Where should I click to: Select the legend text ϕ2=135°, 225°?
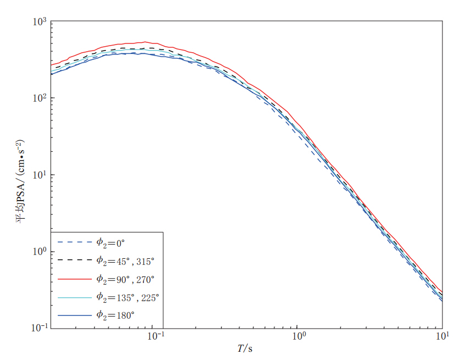pyautogui.click(x=128, y=297)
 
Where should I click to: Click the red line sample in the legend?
pyautogui.click(x=74, y=279)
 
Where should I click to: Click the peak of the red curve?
pyautogui.click(x=145, y=42)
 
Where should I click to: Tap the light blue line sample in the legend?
pyautogui.click(x=74, y=297)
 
